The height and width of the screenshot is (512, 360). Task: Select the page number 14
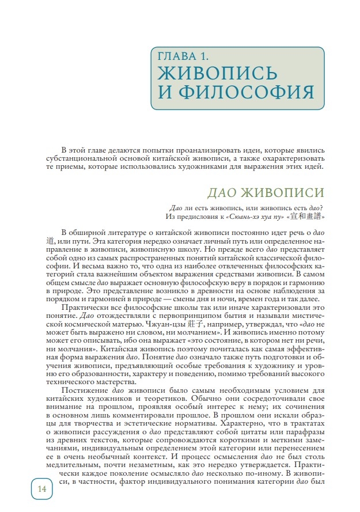(x=41, y=489)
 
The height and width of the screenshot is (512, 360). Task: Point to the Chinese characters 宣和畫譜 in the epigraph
(x=310, y=217)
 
